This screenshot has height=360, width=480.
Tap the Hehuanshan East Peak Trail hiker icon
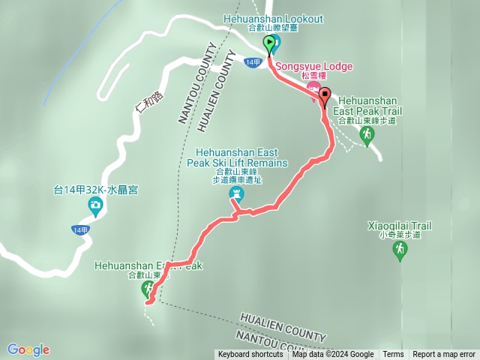pos(366,133)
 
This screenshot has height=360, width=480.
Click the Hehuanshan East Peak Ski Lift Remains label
pos(235,166)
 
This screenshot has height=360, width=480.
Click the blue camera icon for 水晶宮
pos(95,205)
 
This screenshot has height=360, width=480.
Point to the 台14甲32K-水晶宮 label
pos(94,189)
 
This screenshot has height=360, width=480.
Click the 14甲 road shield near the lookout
pos(253,62)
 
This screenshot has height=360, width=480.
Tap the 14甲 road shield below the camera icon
pos(80,229)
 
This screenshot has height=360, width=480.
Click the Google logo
pos(28,349)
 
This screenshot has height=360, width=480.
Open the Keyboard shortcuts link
pos(250,355)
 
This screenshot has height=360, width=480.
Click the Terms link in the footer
pos(393,355)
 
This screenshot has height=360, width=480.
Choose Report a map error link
pos(444,355)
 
